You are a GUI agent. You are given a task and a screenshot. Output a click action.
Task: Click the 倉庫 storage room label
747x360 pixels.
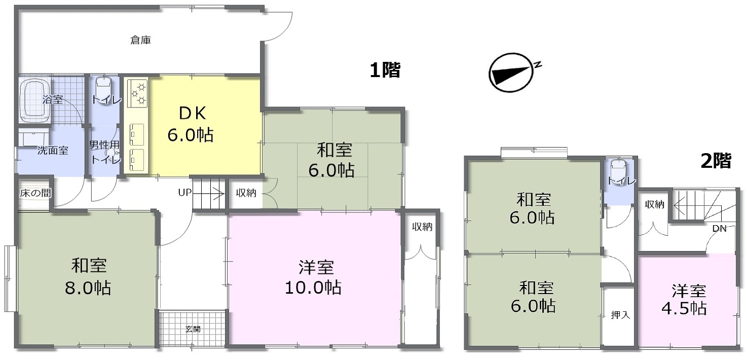pyautogui.click(x=140, y=41)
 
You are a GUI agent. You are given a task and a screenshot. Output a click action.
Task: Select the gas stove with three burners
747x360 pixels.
pyautogui.click(x=137, y=93)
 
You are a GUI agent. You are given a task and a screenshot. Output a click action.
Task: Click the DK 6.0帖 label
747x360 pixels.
pyautogui.click(x=191, y=124)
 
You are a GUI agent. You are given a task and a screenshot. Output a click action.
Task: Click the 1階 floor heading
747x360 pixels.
pyautogui.click(x=385, y=70)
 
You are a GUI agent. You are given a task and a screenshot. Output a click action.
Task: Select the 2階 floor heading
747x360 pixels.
pyautogui.click(x=716, y=161)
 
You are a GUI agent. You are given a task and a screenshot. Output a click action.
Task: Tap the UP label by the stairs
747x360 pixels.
pyautogui.click(x=185, y=193)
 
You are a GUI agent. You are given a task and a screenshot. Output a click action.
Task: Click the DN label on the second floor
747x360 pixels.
pyautogui.click(x=719, y=229)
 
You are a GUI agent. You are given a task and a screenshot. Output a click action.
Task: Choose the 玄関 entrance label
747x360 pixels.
pyautogui.click(x=193, y=329)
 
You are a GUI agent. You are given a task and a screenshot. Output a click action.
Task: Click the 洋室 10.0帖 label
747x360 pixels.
pyautogui.click(x=314, y=277)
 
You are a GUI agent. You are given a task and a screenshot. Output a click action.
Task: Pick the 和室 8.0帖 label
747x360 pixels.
pyautogui.click(x=88, y=277)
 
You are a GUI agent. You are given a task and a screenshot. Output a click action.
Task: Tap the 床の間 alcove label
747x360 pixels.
pyautogui.click(x=35, y=193)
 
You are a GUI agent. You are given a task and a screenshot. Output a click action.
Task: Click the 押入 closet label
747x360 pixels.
pyautogui.click(x=620, y=315)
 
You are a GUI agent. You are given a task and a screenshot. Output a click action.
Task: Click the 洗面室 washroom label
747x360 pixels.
pyautogui.click(x=53, y=151)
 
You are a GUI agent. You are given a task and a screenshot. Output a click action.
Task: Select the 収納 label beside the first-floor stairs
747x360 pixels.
pyautogui.click(x=246, y=193)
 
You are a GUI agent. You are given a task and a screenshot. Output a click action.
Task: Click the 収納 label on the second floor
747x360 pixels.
pyautogui.click(x=654, y=204)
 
